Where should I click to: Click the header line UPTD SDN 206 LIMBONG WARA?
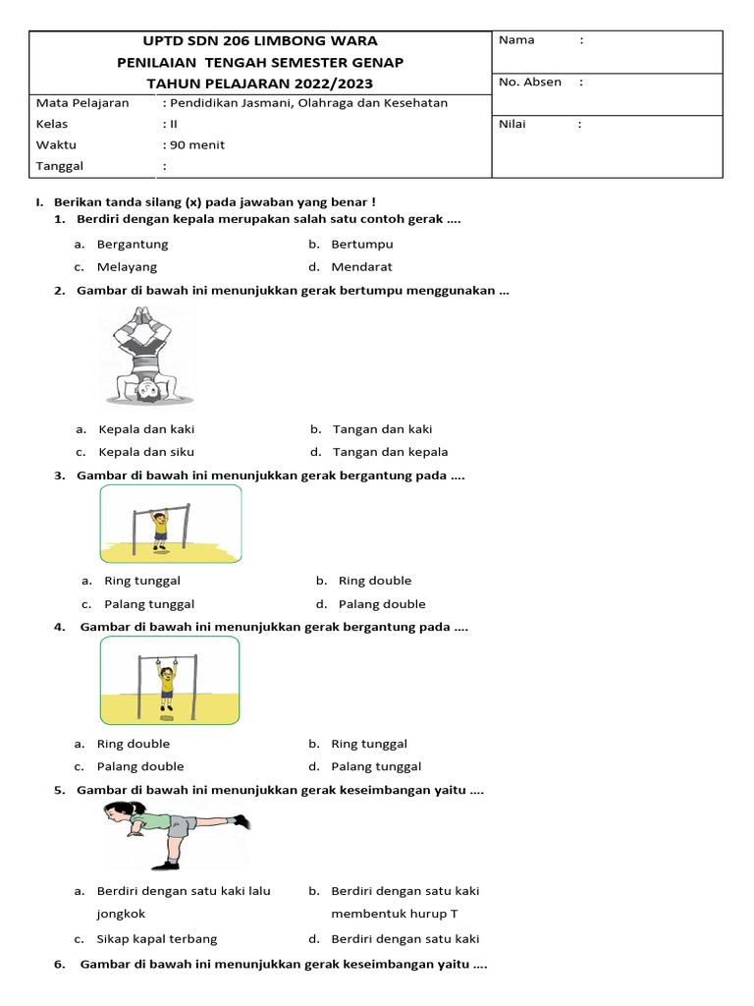pyautogui.click(x=260, y=41)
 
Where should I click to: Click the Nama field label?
pyautogui.click(x=516, y=40)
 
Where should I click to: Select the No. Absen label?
pyautogui.click(x=530, y=83)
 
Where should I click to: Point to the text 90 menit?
pyautogui.click(x=197, y=144)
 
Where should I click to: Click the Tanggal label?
pyautogui.click(x=60, y=166)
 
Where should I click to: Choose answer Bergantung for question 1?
pyautogui.click(x=133, y=244)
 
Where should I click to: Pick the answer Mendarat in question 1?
pyautogui.click(x=361, y=266)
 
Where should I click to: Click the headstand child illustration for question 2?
pyautogui.click(x=148, y=354)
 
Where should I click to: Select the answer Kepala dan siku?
pyautogui.click(x=146, y=452)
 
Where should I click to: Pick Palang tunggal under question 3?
pyautogui.click(x=149, y=604)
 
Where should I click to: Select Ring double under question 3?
pyautogui.click(x=375, y=581)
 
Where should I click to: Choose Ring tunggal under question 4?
pyautogui.click(x=369, y=744)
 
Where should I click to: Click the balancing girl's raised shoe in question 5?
pyautogui.click(x=240, y=821)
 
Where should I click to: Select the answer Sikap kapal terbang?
pyautogui.click(x=157, y=938)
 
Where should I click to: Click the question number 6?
pyautogui.click(x=60, y=964)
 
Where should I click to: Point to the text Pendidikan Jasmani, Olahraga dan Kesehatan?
pyautogui.click(x=308, y=103)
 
